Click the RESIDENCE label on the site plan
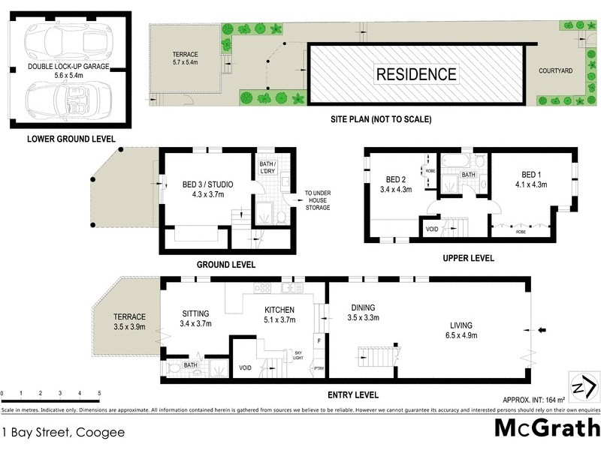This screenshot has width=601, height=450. click(416, 74)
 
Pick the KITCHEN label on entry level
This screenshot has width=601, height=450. click(278, 309)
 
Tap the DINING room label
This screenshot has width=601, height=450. click(361, 307)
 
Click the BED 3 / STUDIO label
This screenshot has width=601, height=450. click(207, 184)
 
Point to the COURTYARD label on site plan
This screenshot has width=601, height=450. click(555, 70)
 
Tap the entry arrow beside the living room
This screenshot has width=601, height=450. click(543, 329)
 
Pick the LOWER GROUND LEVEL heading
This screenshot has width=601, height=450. click(71, 139)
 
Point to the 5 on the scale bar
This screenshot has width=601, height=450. click(99, 392)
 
